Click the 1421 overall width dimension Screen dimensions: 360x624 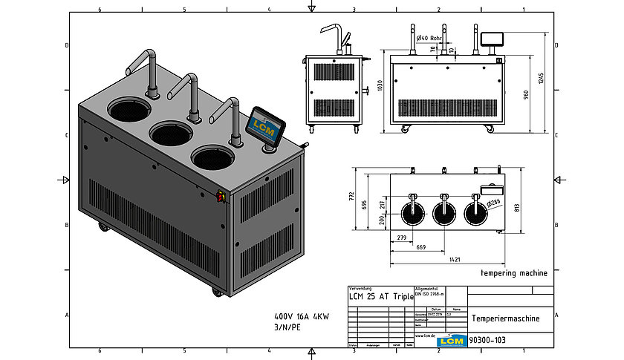[x=446, y=260]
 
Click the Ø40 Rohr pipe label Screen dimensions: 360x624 [x=430, y=37]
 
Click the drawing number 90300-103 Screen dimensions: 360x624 [x=490, y=340]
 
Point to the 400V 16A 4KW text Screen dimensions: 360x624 [x=302, y=315]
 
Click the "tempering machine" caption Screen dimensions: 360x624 [x=514, y=273]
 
